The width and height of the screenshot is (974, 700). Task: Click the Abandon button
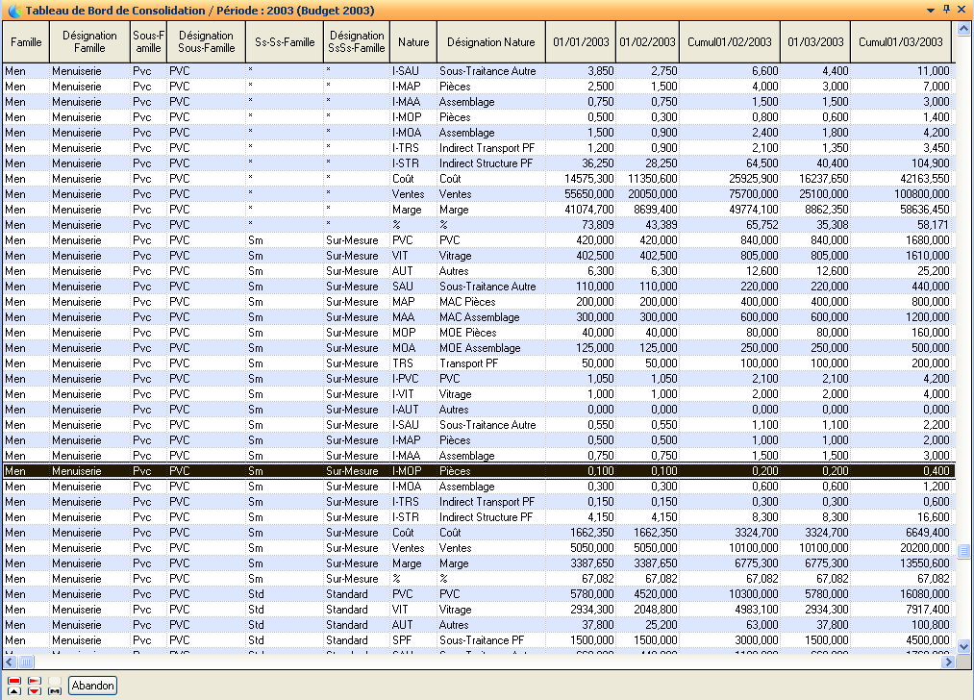[93, 686]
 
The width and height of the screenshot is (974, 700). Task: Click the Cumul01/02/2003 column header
[729, 42]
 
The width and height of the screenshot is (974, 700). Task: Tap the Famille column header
[26, 42]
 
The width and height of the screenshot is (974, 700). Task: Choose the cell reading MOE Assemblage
[480, 348]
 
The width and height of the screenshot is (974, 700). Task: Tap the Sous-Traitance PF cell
[482, 640]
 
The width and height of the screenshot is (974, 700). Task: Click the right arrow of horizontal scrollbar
[948, 662]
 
